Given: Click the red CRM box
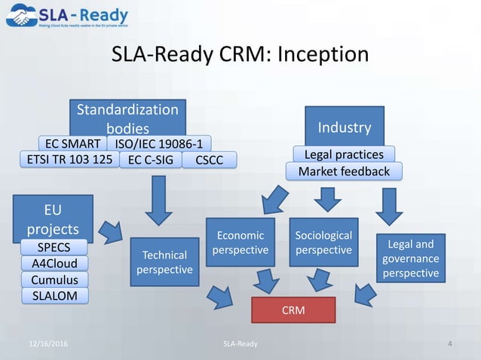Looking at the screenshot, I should pyautogui.click(x=293, y=309).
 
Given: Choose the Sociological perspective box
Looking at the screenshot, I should pyautogui.click(x=323, y=242).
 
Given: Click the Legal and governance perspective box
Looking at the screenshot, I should pyautogui.click(x=409, y=258).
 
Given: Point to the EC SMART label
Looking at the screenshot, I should pyautogui.click(x=72, y=143).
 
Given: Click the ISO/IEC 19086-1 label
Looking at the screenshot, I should pyautogui.click(x=159, y=143).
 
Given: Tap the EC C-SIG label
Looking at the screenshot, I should pyautogui.click(x=151, y=160).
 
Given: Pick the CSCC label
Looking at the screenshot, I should pyautogui.click(x=208, y=160).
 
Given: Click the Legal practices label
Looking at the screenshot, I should pyautogui.click(x=344, y=154).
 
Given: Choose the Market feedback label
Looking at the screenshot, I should pyautogui.click(x=344, y=172).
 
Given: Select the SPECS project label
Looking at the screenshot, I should pyautogui.click(x=54, y=247).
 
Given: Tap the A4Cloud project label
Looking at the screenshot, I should pyautogui.click(x=54, y=263).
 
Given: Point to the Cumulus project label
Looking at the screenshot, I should pyautogui.click(x=54, y=279).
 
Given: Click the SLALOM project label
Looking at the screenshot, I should pyautogui.click(x=54, y=295).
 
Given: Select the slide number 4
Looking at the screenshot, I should pyautogui.click(x=450, y=344).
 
